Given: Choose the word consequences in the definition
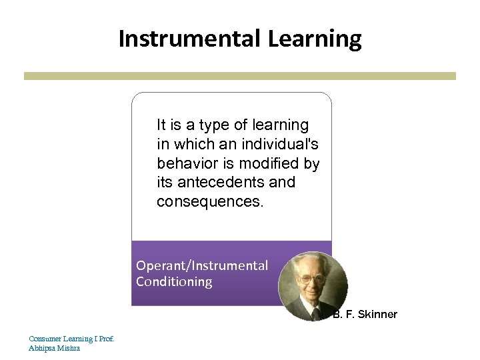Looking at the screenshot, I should tap(210, 201).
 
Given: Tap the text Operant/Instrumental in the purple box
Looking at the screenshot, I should tap(202, 265).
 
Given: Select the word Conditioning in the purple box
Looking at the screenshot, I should tap(174, 281).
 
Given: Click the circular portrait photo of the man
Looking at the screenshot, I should tap(313, 286).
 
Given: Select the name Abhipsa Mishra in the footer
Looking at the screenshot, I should tap(54, 348).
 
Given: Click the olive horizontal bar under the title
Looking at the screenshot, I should tap(240, 76).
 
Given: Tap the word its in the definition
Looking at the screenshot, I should tap(165, 182).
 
